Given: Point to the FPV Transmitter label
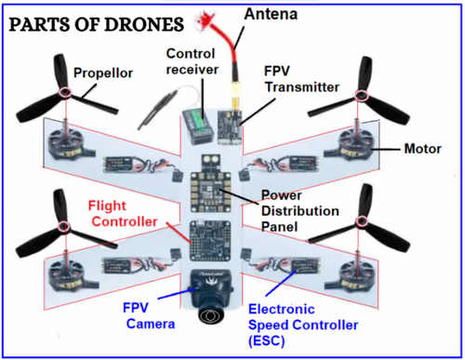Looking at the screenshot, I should [298, 81].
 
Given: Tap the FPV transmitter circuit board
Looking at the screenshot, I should [230, 120].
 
